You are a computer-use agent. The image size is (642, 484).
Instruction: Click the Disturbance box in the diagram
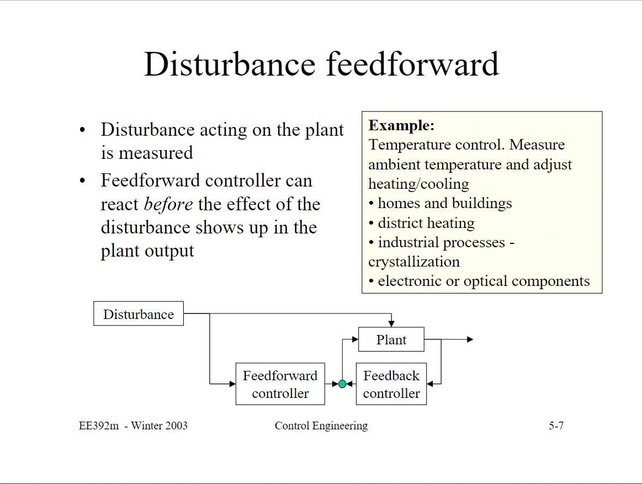click(x=138, y=314)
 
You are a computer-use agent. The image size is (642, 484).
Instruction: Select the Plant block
click(x=391, y=339)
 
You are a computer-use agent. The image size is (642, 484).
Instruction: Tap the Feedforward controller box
click(x=280, y=384)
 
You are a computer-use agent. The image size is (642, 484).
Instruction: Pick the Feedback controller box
click(x=391, y=384)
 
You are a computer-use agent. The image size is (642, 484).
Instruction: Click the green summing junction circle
click(x=342, y=384)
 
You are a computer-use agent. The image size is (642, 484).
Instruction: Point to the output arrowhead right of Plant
click(x=470, y=339)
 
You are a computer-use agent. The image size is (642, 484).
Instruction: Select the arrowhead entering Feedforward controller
click(x=232, y=384)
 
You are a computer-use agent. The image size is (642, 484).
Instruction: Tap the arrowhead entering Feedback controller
click(x=430, y=384)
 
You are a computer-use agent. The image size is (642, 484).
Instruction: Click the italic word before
click(x=168, y=204)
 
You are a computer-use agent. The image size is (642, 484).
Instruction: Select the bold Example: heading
click(x=401, y=125)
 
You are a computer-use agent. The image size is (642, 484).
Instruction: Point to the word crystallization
click(x=413, y=262)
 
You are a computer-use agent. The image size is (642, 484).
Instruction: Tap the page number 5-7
click(x=556, y=426)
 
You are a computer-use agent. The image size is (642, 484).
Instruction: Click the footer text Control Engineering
click(x=321, y=426)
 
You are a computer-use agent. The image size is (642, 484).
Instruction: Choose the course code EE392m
click(x=99, y=426)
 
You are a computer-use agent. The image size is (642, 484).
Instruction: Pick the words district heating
click(x=426, y=223)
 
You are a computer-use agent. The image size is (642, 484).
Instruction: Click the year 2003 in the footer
click(x=175, y=426)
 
